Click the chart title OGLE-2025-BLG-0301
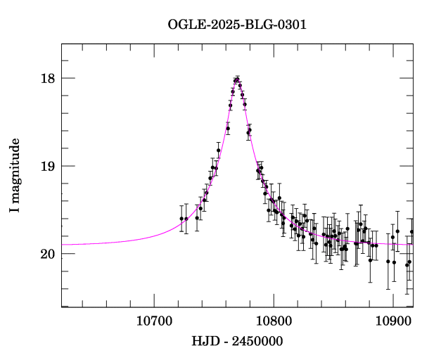point(237,25)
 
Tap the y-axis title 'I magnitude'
point(15,176)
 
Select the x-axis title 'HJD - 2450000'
point(237,341)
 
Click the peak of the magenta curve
point(237,79)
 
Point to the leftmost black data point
point(181,219)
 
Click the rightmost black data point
point(412,232)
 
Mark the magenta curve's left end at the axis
point(63,245)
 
